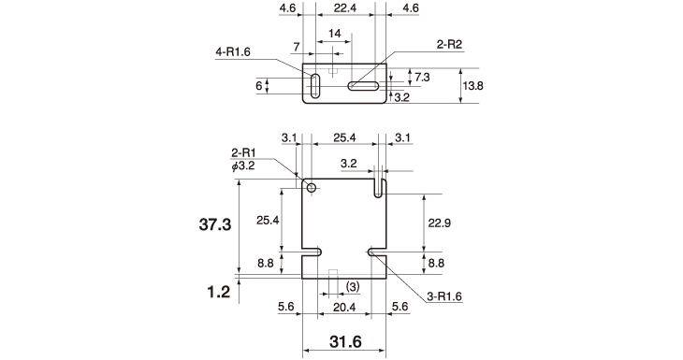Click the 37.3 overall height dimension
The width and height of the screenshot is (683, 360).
click(x=215, y=224)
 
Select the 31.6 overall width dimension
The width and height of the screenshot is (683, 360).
click(x=345, y=341)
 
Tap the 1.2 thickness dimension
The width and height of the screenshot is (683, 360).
click(x=218, y=292)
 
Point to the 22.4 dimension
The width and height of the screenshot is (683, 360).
click(x=345, y=7)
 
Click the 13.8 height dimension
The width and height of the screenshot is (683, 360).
click(x=472, y=86)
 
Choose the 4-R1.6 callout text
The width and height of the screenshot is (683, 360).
click(x=233, y=52)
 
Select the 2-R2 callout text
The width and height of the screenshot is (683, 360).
click(x=449, y=44)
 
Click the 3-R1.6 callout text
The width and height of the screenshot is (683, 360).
click(x=444, y=296)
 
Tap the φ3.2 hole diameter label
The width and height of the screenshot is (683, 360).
click(x=243, y=166)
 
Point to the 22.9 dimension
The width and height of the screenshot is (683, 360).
click(x=439, y=223)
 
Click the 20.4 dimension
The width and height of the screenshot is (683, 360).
click(x=344, y=308)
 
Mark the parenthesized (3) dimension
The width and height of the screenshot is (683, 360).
click(x=353, y=287)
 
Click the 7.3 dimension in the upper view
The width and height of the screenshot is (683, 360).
click(x=422, y=77)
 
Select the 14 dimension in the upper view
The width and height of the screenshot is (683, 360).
click(x=335, y=34)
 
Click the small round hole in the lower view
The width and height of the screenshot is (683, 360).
click(x=312, y=188)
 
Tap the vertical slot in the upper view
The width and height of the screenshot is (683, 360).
click(x=315, y=86)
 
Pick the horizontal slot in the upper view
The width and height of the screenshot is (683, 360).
click(x=363, y=86)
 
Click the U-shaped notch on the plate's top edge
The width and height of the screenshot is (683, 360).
click(x=380, y=189)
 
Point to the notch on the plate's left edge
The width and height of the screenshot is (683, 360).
click(x=312, y=252)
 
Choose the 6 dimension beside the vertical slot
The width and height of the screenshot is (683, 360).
click(x=259, y=86)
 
